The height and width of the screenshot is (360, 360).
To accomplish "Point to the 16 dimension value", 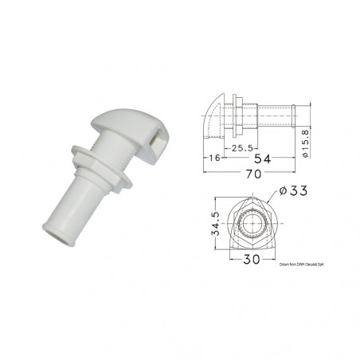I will (213, 159).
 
